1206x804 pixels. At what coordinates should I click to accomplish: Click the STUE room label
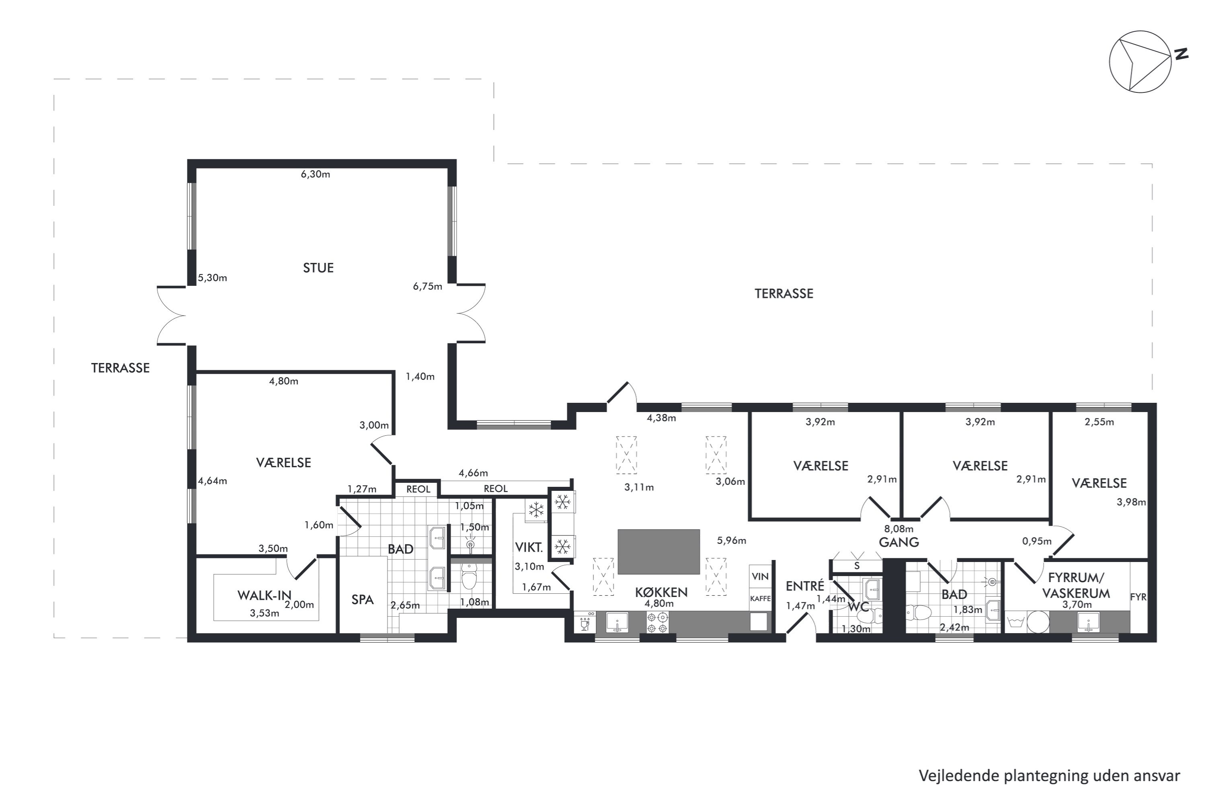point(318,268)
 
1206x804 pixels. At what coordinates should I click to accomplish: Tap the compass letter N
point(1181,54)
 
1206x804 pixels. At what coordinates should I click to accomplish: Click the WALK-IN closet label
point(264,595)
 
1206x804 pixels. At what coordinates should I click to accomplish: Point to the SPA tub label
point(363,599)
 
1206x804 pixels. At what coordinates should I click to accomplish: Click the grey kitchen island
point(658,552)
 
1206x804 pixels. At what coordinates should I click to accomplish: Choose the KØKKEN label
point(661,592)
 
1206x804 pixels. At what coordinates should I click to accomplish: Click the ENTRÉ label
point(805,586)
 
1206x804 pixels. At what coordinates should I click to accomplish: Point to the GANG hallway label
point(899,542)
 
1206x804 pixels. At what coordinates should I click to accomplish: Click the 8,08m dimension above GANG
point(899,529)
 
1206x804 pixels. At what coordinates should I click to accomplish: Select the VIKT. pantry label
point(529,548)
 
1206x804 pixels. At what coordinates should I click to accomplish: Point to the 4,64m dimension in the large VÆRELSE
point(213,481)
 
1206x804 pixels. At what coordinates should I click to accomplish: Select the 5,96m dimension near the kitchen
point(732,540)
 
